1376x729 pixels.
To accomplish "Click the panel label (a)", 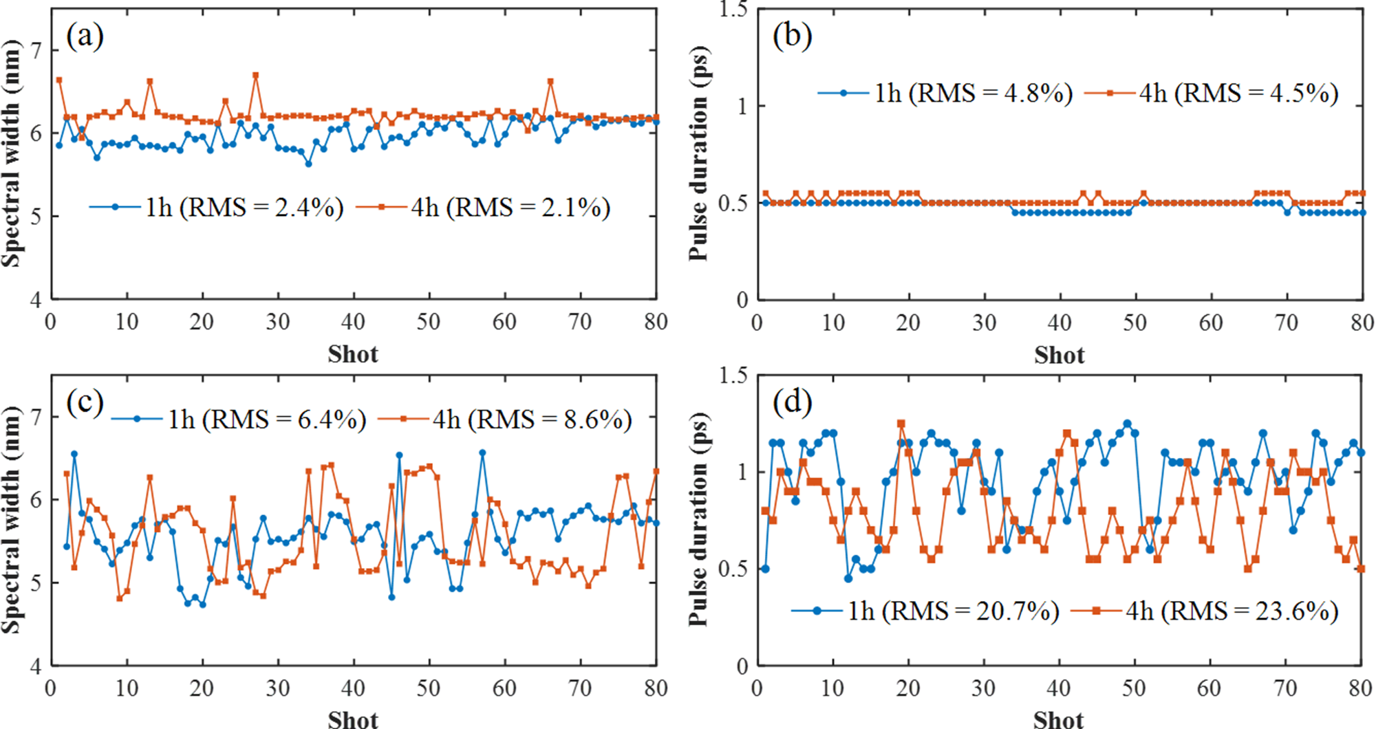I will [85, 36].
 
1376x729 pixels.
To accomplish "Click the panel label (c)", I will [85, 402].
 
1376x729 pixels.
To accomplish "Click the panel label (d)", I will [792, 401].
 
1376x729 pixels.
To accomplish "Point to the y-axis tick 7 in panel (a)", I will [36, 50].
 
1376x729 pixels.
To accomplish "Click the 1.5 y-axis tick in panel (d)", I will [733, 376].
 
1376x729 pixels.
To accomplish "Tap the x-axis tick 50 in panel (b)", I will [1135, 323].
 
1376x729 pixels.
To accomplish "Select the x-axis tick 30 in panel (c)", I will [277, 688].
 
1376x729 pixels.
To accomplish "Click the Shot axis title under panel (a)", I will [353, 354].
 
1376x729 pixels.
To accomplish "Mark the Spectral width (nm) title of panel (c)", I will [11, 519].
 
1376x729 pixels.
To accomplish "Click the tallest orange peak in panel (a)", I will [255, 75].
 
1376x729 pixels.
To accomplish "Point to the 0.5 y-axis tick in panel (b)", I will [733, 204].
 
